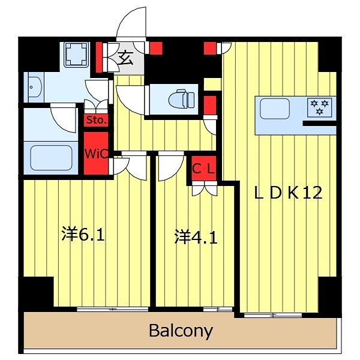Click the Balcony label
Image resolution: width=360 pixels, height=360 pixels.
[181, 331]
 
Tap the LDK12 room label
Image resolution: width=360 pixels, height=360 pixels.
[289, 193]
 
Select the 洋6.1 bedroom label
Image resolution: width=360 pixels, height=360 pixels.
[83, 234]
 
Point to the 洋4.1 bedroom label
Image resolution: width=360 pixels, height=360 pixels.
[196, 237]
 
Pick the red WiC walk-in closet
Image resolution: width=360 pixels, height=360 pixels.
[96, 154]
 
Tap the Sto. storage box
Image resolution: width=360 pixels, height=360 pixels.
[96, 119]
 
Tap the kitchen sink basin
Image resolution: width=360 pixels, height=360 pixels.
[274, 109]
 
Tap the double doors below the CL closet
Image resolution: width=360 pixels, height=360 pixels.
[203, 188]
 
